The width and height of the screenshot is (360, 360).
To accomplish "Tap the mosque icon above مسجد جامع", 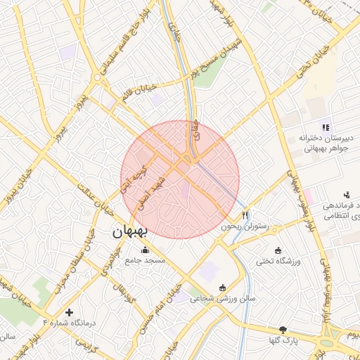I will point(146,250).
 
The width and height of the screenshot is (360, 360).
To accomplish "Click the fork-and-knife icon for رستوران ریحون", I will point(245,216).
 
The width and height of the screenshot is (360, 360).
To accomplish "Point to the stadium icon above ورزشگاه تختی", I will point(278,251).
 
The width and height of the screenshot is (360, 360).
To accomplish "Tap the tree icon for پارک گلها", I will point(283,330).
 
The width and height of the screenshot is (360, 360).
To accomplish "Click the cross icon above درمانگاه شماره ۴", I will point(68,311).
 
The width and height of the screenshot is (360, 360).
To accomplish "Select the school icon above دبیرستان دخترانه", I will point(325,127).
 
